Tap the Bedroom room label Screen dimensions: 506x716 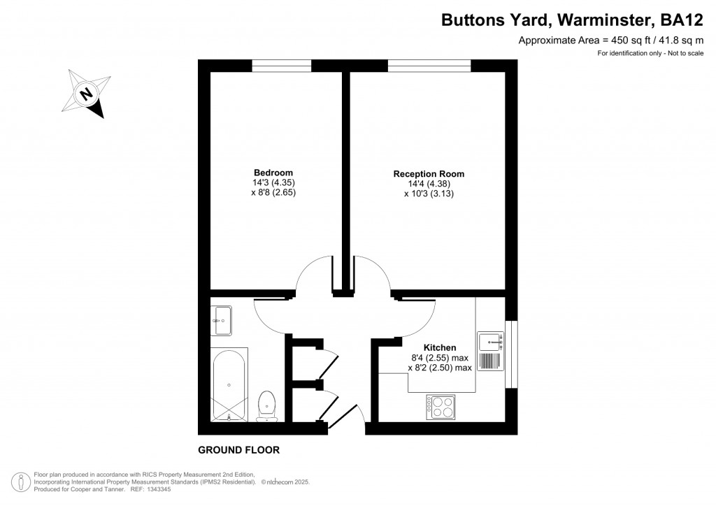point(273,173)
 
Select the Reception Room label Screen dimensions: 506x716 point(429,174)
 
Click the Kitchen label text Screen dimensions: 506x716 point(440,347)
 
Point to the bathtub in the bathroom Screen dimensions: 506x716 point(229,384)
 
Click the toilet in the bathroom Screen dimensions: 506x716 point(266,406)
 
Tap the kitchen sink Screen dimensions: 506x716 point(491,342)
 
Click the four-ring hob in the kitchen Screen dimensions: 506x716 point(440,407)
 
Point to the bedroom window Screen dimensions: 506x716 point(281,66)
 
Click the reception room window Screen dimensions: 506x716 point(429,66)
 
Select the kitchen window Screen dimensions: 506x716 point(512,353)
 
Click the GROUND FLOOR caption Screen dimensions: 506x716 point(238,450)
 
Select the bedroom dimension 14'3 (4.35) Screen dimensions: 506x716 point(273,182)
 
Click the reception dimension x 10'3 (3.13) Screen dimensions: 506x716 point(429,194)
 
